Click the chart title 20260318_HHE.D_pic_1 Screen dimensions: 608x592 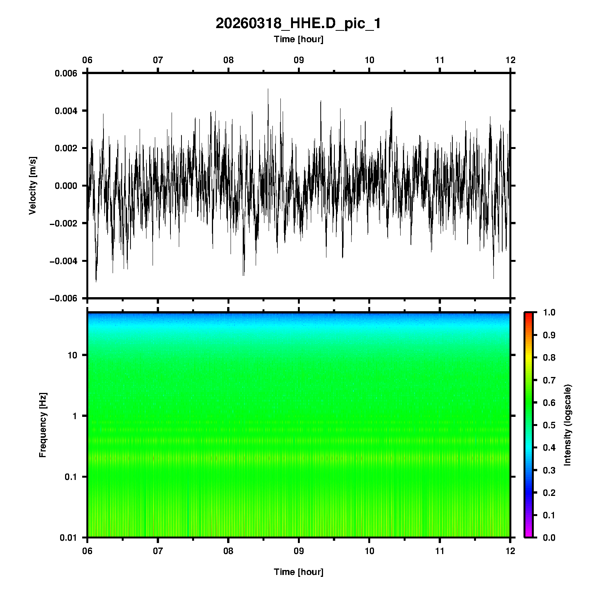[x=298, y=24]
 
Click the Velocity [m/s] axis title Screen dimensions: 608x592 [x=33, y=185]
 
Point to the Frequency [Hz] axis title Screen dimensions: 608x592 [x=43, y=425]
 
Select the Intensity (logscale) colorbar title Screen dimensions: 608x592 [x=568, y=425]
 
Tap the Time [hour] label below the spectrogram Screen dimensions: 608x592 [x=298, y=572]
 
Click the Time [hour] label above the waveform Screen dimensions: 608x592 [x=298, y=39]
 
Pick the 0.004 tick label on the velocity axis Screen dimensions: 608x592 [x=66, y=111]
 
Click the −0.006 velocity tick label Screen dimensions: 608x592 [x=63, y=299]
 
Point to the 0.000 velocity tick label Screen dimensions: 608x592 [x=66, y=186]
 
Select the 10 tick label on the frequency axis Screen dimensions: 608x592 [x=72, y=355]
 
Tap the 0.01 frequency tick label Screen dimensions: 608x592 [x=68, y=538]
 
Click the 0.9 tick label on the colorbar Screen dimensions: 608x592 [x=549, y=335]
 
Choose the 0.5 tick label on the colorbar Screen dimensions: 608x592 [x=549, y=425]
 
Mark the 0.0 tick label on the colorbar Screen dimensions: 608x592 [x=549, y=538]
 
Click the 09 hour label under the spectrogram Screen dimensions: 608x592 [x=299, y=551]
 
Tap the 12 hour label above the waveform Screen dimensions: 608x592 [x=510, y=60]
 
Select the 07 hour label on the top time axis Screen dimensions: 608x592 [x=158, y=60]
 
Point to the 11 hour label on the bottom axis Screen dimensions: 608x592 [x=440, y=551]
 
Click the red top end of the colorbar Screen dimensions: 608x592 [x=528, y=315]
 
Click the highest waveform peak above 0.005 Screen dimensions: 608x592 [x=268, y=90]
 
